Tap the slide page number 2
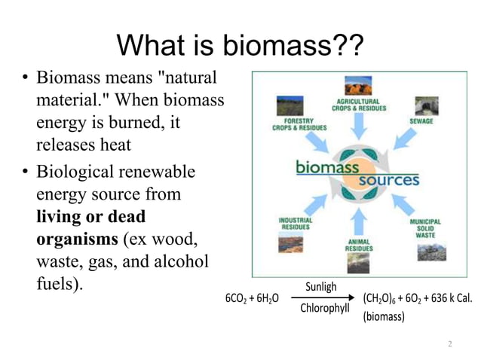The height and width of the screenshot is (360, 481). pos(449,344)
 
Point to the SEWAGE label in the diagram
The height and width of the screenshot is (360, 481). pos(421,121)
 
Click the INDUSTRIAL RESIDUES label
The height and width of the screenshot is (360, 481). pos(296,223)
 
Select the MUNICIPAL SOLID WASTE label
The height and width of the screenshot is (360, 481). pos(425,229)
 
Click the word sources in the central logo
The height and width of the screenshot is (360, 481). pos(388,181)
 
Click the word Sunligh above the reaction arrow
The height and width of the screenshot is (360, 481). pos(321,287)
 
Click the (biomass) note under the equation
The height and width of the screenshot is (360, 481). pos(384,316)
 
